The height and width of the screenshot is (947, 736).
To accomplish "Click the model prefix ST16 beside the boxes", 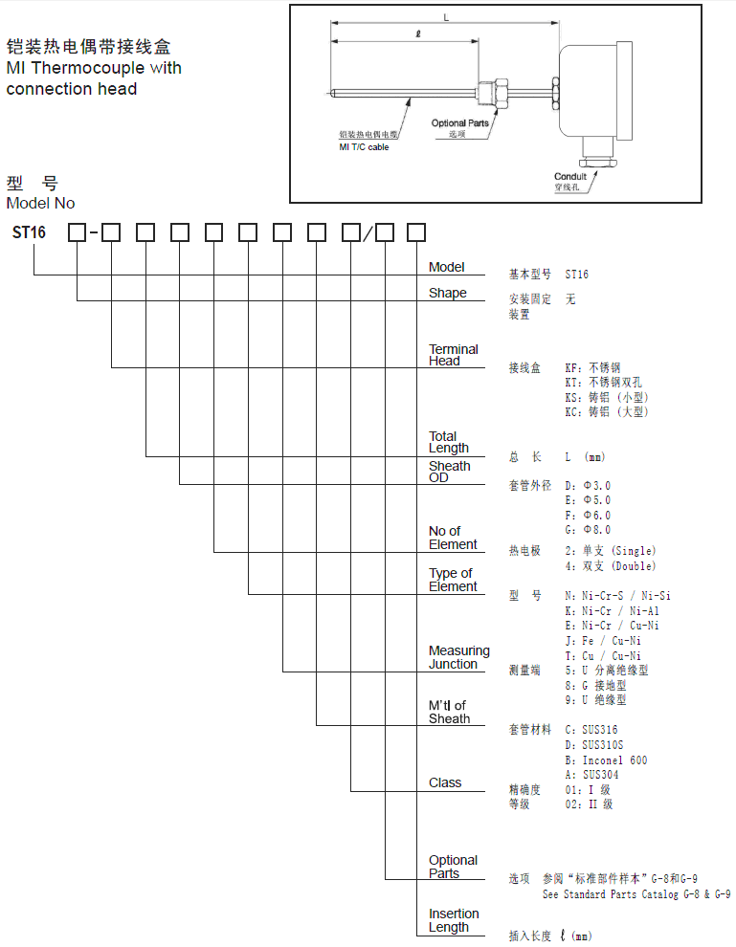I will point(29,232).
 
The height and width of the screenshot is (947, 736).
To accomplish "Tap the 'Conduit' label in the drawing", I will point(570,177).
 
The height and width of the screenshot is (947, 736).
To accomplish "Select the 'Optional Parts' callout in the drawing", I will point(459,123).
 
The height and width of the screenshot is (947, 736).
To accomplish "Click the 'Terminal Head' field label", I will point(453,355).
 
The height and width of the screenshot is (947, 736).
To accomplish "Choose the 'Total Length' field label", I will point(448,442).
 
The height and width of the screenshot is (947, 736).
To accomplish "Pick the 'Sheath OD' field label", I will point(449,472).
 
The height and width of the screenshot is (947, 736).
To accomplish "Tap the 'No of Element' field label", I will point(452,538).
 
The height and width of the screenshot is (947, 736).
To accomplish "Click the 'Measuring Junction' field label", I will point(458,657).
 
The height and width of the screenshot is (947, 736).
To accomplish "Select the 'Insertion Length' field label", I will point(453,920).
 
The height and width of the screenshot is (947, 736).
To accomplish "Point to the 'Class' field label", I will point(445,782).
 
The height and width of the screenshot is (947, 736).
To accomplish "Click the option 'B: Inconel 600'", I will point(606,760).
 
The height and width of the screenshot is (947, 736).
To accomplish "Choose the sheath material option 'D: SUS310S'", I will point(594,745).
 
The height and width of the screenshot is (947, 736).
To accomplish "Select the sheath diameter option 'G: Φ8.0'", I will point(588,530).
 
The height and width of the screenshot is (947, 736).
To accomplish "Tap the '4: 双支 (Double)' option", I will point(610,566).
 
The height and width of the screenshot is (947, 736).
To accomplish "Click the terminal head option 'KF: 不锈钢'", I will point(592,367).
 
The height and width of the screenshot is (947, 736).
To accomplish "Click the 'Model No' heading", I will point(40,203).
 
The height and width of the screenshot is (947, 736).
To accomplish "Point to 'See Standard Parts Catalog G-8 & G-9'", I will point(636,894).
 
